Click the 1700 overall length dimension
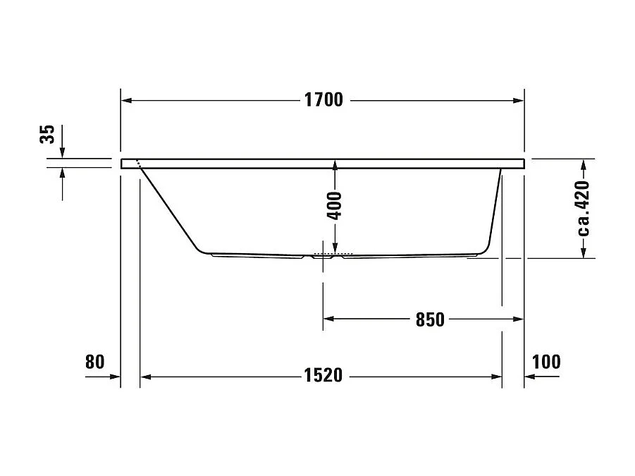[323, 100]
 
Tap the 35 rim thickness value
[47, 134]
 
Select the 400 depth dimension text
[335, 205]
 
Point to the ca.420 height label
[582, 208]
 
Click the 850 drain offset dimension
[430, 319]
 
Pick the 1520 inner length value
[323, 376]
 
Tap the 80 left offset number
[94, 362]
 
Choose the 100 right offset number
[547, 362]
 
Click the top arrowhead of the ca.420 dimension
[584, 165]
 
